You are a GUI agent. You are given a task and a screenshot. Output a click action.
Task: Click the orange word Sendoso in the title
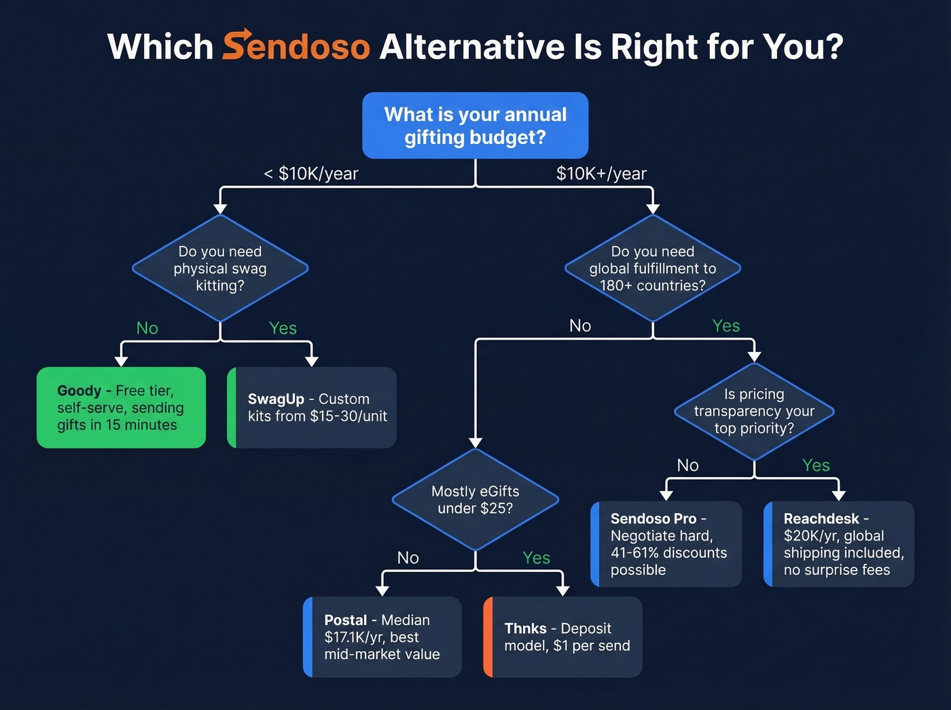(296, 46)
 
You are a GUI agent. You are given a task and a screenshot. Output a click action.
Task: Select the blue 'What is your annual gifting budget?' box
(475, 126)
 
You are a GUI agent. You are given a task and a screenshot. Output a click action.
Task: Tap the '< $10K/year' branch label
(311, 173)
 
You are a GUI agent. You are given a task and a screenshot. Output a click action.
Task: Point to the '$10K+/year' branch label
(601, 173)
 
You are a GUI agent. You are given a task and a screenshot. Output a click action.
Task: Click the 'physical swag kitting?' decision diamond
(220, 268)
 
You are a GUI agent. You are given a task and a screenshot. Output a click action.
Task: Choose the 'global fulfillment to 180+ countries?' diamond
(652, 268)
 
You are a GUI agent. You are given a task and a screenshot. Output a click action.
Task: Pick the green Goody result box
(121, 408)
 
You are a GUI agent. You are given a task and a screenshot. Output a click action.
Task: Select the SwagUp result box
(312, 408)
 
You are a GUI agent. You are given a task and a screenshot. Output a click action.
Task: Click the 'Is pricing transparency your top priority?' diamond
(754, 411)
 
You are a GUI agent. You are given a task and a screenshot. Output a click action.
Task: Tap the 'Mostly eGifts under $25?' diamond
(475, 499)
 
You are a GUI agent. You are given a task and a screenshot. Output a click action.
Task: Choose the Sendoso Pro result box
(666, 544)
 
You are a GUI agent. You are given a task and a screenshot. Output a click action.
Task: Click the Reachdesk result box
(839, 544)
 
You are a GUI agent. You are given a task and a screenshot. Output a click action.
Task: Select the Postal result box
(382, 637)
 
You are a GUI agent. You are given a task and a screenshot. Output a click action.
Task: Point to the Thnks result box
(563, 637)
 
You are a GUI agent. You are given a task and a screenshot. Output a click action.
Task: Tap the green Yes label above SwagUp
(283, 328)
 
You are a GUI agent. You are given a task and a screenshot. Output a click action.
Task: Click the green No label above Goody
(147, 328)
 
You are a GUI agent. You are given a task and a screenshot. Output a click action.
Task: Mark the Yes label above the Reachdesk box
(816, 465)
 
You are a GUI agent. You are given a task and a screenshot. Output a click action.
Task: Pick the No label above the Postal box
(408, 558)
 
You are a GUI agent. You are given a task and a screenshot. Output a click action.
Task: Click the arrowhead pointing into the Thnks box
(562, 591)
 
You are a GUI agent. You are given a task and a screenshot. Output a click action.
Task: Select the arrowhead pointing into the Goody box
(122, 361)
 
